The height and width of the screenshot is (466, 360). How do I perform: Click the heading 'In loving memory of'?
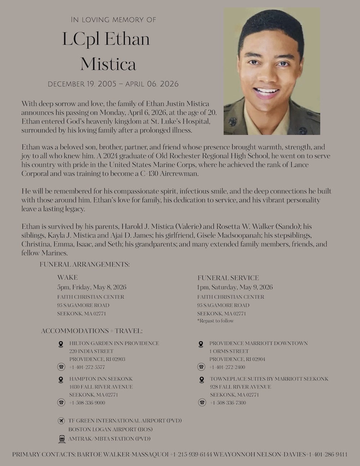click(x=113, y=19)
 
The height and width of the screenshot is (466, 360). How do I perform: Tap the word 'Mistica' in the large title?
click(x=108, y=64)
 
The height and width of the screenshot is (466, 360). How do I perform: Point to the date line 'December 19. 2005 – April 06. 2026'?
click(x=113, y=84)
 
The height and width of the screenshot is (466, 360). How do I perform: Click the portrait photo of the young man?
click(x=272, y=71)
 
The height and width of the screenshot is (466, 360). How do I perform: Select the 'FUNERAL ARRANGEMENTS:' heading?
click(x=85, y=264)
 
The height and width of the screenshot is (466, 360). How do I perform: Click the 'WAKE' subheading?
click(x=67, y=277)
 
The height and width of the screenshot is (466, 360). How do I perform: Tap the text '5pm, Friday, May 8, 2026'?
click(x=91, y=287)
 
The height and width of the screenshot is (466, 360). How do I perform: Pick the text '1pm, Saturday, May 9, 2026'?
click(x=235, y=287)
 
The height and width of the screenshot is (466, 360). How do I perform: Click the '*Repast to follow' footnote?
click(x=215, y=321)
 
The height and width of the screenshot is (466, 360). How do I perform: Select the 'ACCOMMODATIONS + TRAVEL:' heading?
click(x=91, y=331)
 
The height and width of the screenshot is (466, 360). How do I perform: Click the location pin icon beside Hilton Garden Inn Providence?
click(x=61, y=344)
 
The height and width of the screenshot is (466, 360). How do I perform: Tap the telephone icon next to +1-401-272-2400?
click(x=202, y=367)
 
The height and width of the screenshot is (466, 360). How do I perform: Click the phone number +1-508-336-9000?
click(x=87, y=403)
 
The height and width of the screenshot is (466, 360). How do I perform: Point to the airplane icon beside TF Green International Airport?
click(x=62, y=421)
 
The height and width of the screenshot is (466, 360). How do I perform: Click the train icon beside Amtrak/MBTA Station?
click(x=62, y=439)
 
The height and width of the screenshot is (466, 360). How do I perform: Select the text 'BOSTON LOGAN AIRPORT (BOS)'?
click(x=111, y=429)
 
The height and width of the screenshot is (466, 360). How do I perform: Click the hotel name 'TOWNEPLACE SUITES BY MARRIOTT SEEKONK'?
click(x=269, y=379)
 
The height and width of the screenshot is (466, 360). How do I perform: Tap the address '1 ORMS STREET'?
click(x=229, y=351)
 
